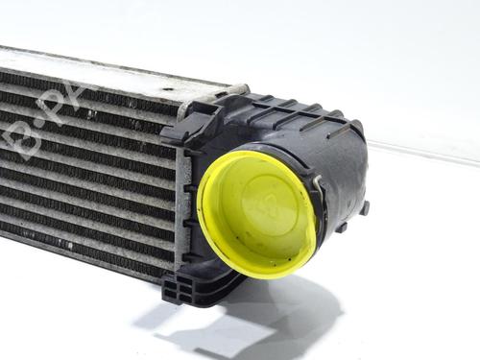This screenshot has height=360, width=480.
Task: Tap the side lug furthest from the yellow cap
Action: point(364,206)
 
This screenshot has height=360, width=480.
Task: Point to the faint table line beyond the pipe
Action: point(422,154)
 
